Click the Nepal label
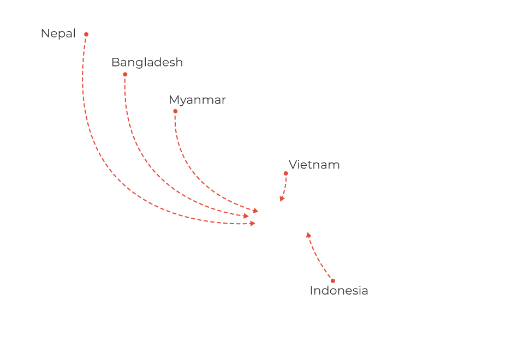pos(58,34)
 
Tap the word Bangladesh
pos(147,63)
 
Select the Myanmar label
pos(197,100)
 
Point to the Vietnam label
pos(314,165)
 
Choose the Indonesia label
pos(338,291)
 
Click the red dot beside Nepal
pos(86,34)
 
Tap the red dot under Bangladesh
pos(125,74)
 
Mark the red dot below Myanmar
pos(175,111)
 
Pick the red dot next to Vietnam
pos(285,173)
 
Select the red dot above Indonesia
pos(333,281)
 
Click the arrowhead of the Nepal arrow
pos(253,223)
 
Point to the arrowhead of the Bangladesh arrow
pos(246,217)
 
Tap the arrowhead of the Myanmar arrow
pos(255,211)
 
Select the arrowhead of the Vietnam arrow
pos(282,199)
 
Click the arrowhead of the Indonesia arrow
pos(308,235)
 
